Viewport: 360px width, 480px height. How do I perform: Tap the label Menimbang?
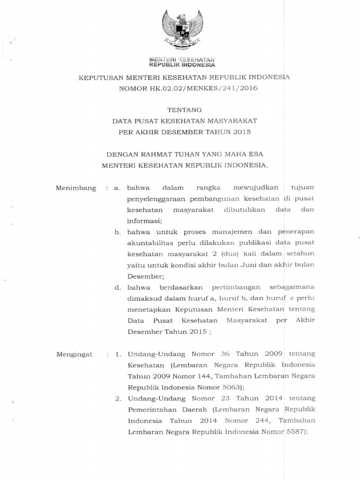[76, 188]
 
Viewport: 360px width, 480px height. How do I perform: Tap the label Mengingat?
[75, 354]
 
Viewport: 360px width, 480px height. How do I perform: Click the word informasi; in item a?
[145, 221]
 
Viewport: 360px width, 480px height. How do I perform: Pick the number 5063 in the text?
[229, 388]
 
